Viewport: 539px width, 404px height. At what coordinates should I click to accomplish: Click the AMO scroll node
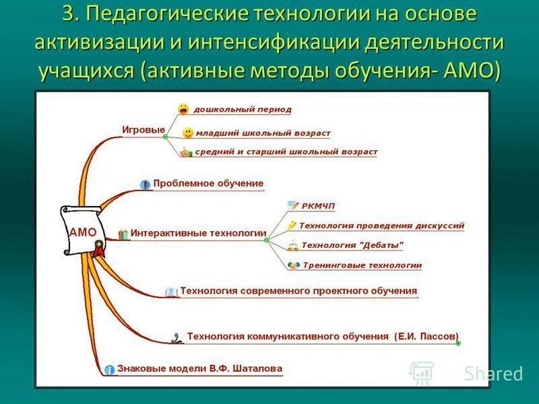(82, 231)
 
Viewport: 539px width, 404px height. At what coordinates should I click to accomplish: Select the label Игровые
(144, 130)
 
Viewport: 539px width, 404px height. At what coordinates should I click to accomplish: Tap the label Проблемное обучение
(208, 183)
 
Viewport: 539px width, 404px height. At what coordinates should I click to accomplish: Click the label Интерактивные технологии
(198, 233)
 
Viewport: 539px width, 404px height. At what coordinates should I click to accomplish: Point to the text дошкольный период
(243, 109)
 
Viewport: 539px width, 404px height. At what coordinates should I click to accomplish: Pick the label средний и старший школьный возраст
(286, 152)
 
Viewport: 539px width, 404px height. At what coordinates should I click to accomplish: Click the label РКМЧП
(319, 205)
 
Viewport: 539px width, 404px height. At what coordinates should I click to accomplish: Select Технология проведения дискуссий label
(381, 226)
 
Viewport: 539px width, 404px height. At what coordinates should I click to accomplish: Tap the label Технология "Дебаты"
(352, 245)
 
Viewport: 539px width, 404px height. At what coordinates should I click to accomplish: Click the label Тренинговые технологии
(362, 265)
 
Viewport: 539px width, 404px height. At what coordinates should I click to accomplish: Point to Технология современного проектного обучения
(298, 291)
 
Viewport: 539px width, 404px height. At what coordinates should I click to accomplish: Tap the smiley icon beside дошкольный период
(183, 108)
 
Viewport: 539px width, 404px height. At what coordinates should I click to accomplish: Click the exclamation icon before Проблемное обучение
(145, 184)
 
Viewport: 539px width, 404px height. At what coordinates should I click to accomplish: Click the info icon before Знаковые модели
(109, 370)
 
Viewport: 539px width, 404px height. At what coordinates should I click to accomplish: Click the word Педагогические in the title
(157, 13)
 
